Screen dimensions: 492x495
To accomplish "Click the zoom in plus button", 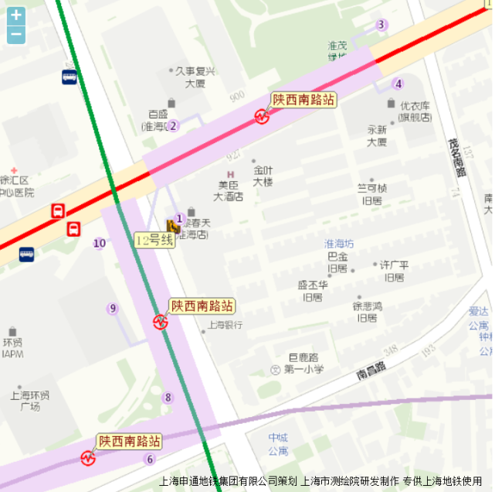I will pos(16,15).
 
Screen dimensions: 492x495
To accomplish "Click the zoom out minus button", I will pos(16,35).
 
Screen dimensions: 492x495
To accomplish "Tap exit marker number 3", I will pos(381,25).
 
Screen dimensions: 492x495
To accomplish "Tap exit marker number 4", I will pos(398,84).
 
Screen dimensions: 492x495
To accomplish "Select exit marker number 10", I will pos(100,244).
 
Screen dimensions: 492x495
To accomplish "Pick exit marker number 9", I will pos(113,309).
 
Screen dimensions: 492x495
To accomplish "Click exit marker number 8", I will pos(168,398).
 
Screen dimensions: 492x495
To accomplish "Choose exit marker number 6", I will pos(150,460).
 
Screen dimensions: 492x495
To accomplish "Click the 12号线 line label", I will pos(152,240).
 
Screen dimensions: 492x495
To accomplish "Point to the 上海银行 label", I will pos(225,325).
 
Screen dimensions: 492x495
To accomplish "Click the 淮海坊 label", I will pos(339,243).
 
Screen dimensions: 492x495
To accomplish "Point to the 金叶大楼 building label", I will pos(263,176).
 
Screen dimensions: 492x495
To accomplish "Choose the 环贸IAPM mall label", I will pos(13,347).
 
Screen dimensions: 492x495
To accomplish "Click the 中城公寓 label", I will pos(278,444).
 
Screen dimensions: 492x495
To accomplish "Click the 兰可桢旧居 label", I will pos(371,193).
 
